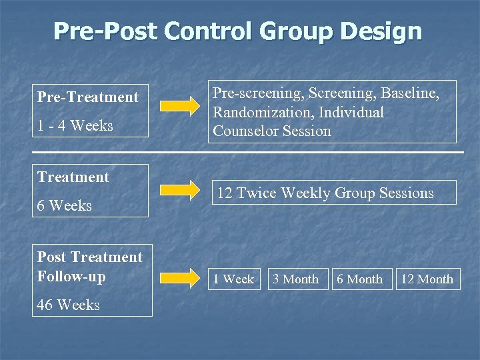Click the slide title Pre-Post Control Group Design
(237, 31)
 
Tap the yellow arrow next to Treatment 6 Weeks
(182, 189)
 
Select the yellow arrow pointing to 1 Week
(182, 277)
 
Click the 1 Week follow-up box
(233, 279)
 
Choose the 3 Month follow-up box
(295, 279)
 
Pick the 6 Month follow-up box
(359, 279)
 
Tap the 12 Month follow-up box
(427, 279)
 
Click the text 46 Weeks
(68, 305)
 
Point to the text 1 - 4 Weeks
(75, 125)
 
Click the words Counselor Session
(271, 131)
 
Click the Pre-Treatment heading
(87, 97)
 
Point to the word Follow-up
(71, 276)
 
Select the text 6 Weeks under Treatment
(64, 205)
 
